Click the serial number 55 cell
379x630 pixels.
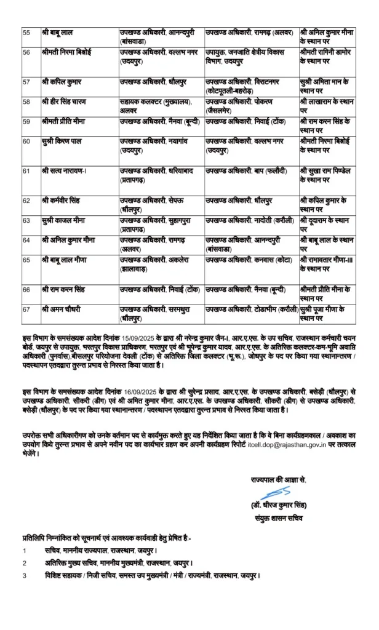[26, 30]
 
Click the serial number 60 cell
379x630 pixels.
[26, 142]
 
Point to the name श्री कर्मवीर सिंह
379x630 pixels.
[62, 201]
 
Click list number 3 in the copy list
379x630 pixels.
[24, 575]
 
